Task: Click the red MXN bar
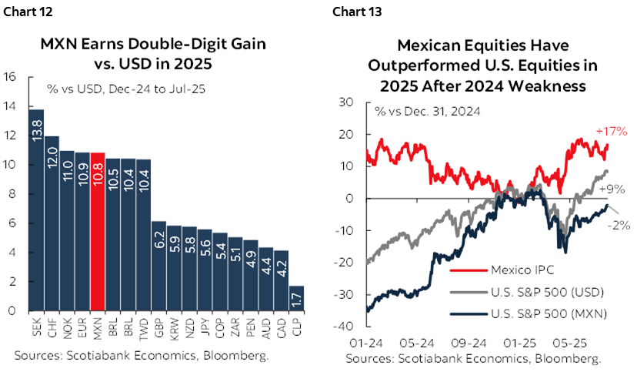point(98,231)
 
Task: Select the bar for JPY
point(205,270)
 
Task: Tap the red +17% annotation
point(607,132)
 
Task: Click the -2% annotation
point(619,225)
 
